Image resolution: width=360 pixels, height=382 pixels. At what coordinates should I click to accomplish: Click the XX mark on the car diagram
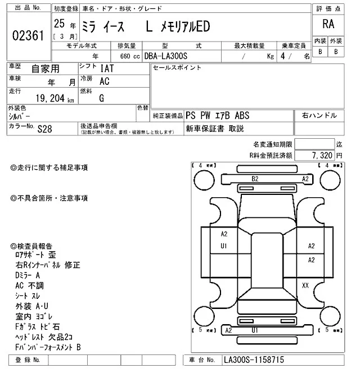305,285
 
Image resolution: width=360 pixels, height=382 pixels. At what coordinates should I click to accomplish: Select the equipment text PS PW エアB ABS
218,115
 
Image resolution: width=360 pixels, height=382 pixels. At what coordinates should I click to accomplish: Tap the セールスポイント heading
177,68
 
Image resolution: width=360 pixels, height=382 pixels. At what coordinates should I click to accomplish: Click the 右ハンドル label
319,115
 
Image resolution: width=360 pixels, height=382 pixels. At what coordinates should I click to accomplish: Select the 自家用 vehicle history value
46,69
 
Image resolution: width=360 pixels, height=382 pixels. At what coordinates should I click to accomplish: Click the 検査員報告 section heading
31,245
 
